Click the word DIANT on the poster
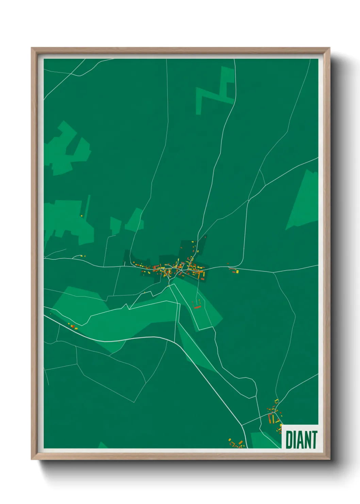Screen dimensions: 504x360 [301, 440]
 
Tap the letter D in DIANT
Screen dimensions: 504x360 [289, 440]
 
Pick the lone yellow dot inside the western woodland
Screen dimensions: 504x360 [82, 216]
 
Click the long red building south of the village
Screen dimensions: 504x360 [197, 307]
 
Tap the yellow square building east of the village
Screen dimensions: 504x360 [237, 272]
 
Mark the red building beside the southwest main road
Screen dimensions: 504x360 [72, 326]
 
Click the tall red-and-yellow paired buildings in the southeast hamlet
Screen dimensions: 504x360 [272, 418]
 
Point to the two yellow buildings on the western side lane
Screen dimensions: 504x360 [82, 256]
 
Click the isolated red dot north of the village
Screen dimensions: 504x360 [205, 237]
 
